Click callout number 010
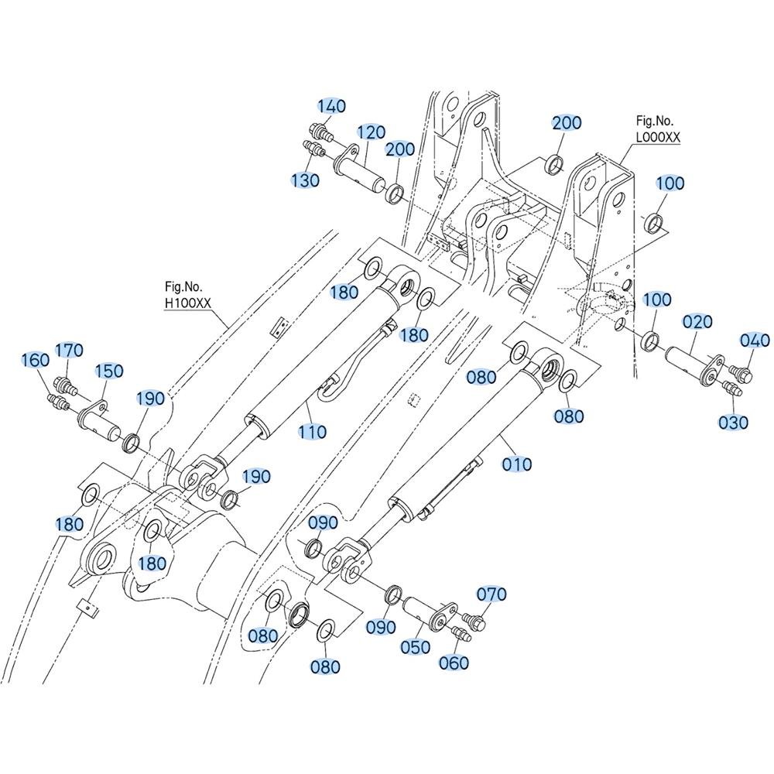tap(517, 464)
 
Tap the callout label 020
tap(697, 322)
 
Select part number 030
tap(733, 423)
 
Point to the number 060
tap(454, 663)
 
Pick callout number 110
tap(312, 432)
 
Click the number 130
tap(304, 180)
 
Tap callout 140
tap(330, 106)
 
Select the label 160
tap(36, 360)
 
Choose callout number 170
tap(69, 351)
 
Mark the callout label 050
tap(416, 646)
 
